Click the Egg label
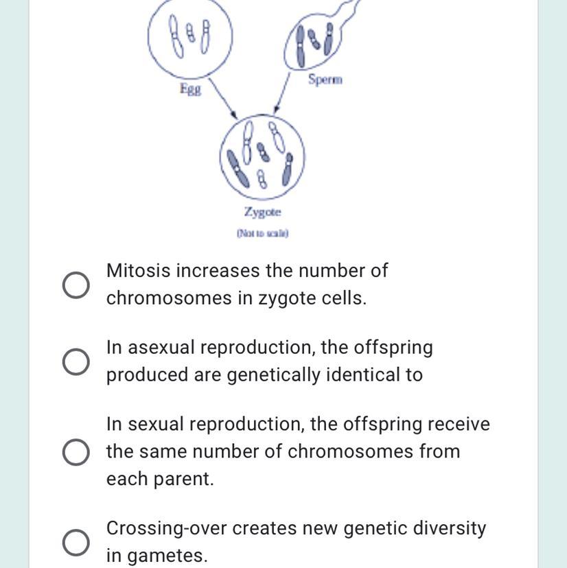191,88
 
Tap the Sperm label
325,79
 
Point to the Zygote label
262,211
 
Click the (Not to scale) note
262,233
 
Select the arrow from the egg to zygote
223,98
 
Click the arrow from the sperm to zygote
282,93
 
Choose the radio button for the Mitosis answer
76,285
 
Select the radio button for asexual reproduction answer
76,362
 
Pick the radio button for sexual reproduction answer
76,451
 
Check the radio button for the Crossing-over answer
76,543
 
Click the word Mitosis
138,270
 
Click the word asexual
161,347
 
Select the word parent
183,479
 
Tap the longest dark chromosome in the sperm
301,47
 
